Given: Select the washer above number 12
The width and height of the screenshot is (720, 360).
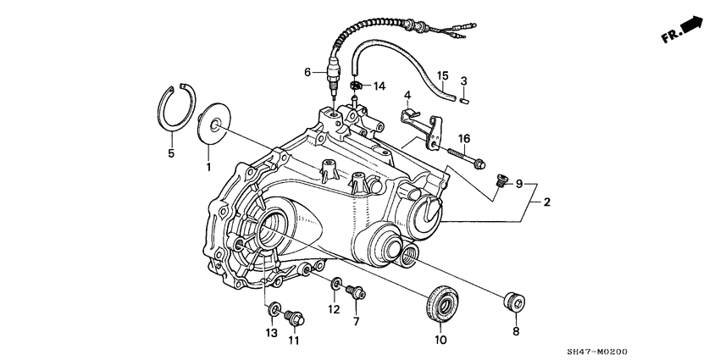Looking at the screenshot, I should pyautogui.click(x=336, y=284).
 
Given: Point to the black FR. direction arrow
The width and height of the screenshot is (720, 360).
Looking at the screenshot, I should pyautogui.click(x=692, y=27).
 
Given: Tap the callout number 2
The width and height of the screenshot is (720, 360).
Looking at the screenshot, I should pyautogui.click(x=547, y=202).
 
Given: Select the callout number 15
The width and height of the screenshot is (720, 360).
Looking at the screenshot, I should pyautogui.click(x=441, y=76).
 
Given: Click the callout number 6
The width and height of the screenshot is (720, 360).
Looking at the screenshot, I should pyautogui.click(x=308, y=73).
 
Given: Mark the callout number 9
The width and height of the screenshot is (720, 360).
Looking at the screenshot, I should pyautogui.click(x=519, y=183).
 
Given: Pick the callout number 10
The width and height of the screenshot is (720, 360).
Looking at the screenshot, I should pyautogui.click(x=440, y=341).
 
